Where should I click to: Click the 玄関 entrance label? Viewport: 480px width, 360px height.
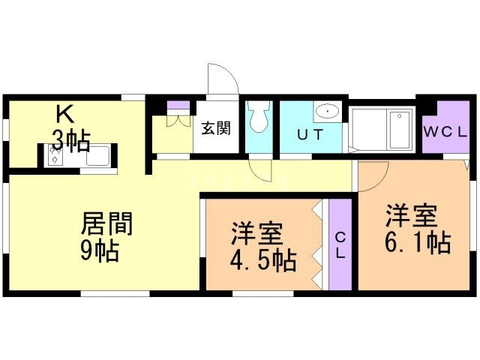coord(216,128)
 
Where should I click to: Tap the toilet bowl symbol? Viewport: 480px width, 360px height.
coord(259,117)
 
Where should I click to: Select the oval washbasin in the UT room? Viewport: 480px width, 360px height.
coord(328,111)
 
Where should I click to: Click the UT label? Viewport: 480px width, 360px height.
coord(310,135)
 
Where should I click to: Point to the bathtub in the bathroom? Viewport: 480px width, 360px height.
coord(400,130)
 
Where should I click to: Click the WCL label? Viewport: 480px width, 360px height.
coord(445,132)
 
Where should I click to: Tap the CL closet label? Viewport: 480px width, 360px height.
coord(340,245)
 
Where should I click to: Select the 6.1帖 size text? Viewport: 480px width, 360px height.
coord(418,243)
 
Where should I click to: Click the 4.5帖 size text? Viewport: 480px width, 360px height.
coord(263,261)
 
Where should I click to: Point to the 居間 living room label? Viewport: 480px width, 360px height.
coord(106,223)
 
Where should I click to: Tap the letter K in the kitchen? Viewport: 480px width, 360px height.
coord(65,113)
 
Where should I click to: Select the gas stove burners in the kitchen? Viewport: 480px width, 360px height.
coord(54,154)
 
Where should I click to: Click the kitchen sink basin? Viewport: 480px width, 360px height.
coord(97,156)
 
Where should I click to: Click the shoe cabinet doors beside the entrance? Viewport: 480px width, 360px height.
coord(178,120)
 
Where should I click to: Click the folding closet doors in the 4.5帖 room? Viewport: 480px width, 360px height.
coord(317,245)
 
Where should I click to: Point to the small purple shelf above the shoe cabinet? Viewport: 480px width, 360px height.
coord(178,105)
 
